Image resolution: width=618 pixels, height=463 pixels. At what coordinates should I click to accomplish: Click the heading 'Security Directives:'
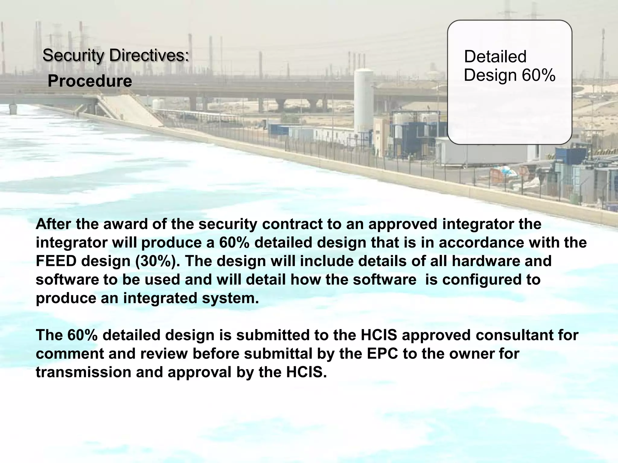pos(116,55)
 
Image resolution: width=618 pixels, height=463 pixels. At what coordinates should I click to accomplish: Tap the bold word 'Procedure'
pos(90,81)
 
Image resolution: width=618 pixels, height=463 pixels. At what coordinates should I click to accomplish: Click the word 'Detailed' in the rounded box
pos(495,56)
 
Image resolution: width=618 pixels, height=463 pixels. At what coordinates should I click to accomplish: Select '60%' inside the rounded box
pos(539,75)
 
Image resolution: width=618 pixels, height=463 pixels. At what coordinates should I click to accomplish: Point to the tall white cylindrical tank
pos(363,99)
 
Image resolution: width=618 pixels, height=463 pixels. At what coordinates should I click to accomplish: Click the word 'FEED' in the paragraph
pos(56,261)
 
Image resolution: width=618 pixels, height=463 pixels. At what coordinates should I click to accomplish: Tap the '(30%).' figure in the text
pos(157,261)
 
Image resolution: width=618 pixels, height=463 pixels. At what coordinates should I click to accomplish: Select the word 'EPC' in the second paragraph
pos(382,354)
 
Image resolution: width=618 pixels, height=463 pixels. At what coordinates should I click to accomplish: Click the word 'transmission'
pos(83,372)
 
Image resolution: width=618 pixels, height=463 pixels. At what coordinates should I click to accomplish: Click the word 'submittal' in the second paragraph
pos(278,354)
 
